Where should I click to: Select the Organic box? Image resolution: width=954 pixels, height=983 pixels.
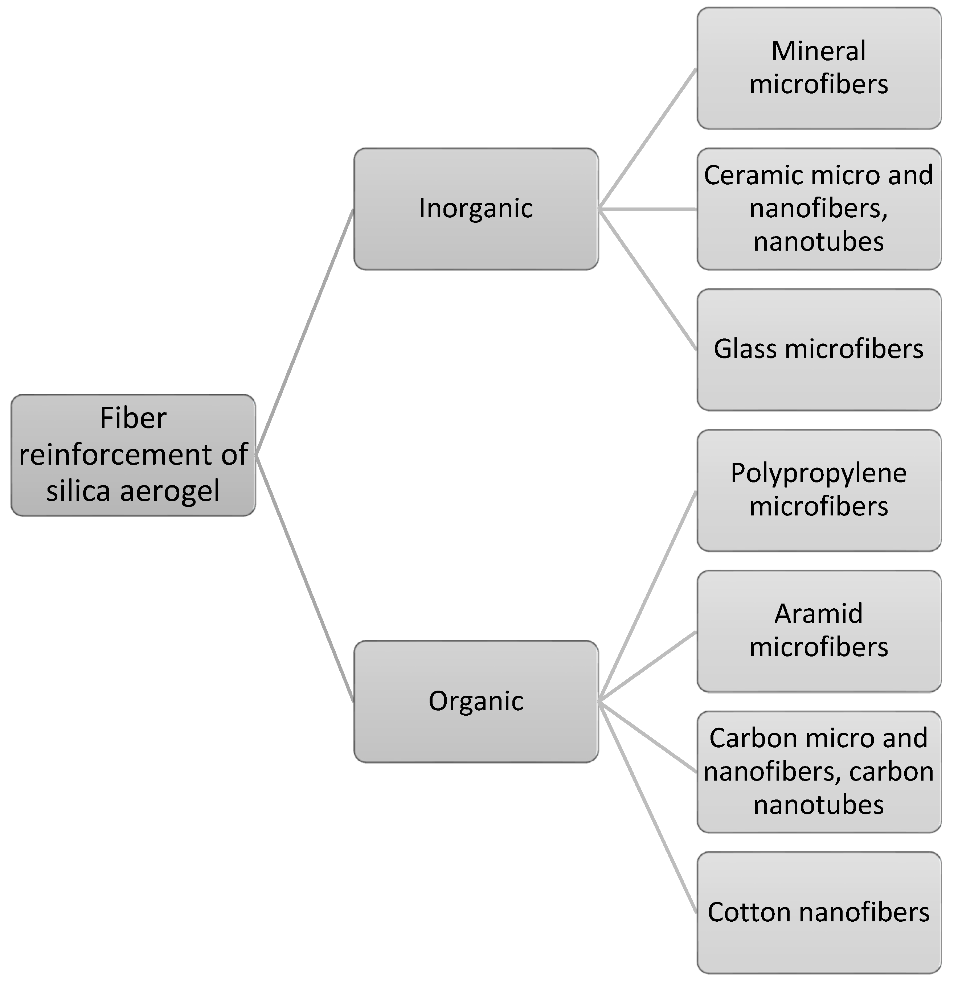[476, 701]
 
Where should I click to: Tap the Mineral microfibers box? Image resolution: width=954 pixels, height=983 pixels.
[819, 68]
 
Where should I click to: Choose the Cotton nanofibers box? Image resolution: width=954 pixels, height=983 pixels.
[819, 912]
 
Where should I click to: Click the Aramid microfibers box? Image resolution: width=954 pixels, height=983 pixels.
[819, 631]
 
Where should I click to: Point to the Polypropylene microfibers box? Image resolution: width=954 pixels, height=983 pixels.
[819, 490]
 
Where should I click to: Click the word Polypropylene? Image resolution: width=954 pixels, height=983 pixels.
[819, 473]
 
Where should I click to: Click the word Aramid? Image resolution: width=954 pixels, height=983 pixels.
[819, 614]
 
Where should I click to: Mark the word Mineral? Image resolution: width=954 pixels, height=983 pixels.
[819, 51]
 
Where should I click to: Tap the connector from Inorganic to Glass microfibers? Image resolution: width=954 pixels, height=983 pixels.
[647, 279]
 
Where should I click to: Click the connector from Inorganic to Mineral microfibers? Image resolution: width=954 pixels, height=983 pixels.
[647, 139]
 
